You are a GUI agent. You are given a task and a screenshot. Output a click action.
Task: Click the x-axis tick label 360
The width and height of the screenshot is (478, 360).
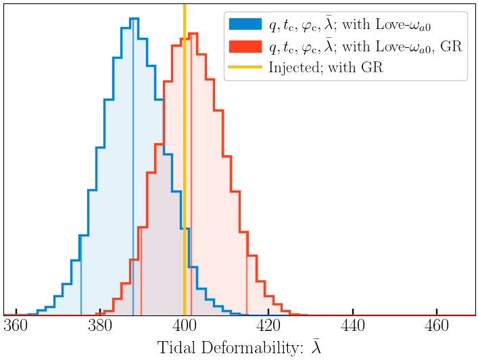pyautogui.click(x=16, y=328)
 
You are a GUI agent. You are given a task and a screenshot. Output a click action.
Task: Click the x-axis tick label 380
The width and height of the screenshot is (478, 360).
pyautogui.click(x=100, y=328)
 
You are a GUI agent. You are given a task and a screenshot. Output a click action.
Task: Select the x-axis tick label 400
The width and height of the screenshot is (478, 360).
pyautogui.click(x=185, y=328)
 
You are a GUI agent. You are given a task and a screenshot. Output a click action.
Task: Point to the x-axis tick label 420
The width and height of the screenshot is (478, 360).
pyautogui.click(x=268, y=328)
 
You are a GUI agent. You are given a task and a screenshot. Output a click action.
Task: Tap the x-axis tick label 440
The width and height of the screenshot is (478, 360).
pyautogui.click(x=353, y=328)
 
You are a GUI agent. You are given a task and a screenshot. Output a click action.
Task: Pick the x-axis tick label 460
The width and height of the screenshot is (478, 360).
pyautogui.click(x=437, y=328)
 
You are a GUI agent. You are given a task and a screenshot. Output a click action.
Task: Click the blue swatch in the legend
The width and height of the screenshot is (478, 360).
pyautogui.click(x=245, y=24)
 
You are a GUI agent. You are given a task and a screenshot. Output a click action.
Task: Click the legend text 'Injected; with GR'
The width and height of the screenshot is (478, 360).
pyautogui.click(x=325, y=68)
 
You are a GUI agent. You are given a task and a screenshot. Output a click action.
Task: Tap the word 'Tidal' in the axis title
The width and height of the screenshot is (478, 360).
pyautogui.click(x=177, y=349)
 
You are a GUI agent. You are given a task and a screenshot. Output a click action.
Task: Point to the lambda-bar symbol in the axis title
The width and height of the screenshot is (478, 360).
pyautogui.click(x=316, y=348)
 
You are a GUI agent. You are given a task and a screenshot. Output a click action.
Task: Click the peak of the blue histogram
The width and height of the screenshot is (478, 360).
pyautogui.click(x=133, y=19)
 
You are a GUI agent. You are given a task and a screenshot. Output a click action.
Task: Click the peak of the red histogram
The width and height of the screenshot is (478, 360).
pyautogui.click(x=192, y=34)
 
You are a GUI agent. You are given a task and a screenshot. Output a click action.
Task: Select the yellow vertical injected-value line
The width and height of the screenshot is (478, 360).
pyautogui.click(x=185, y=169)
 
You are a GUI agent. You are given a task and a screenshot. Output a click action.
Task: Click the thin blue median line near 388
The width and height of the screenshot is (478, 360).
pyautogui.click(x=133, y=203)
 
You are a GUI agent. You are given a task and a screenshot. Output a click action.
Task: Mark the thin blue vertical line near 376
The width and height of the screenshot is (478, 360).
pyautogui.click(x=81, y=284)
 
